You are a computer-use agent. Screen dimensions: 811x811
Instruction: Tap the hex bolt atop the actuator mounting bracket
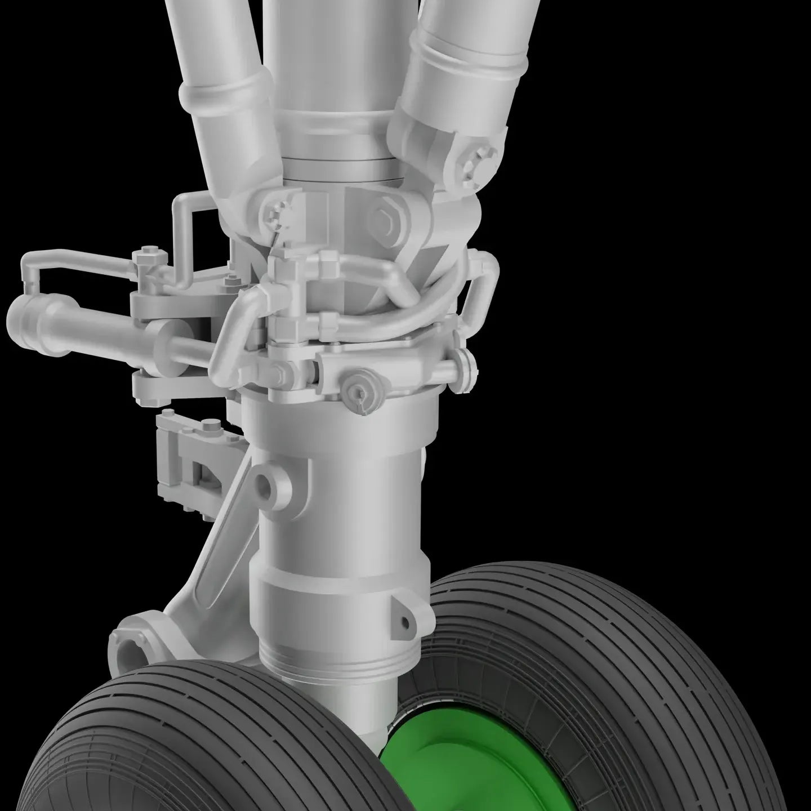click(x=149, y=251)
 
